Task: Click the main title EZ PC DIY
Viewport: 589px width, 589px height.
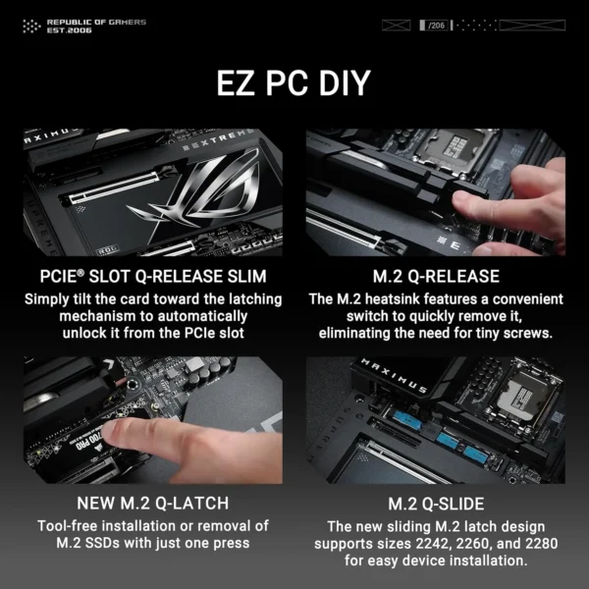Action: pos(294,82)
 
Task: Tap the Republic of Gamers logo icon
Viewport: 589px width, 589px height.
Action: pos(32,26)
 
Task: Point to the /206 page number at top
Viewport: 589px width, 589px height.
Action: pos(435,24)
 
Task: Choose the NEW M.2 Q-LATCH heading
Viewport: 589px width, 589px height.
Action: pos(153,504)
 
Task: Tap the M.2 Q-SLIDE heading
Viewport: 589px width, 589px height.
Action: pos(435,504)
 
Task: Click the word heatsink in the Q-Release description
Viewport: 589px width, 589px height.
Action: pos(403,298)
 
